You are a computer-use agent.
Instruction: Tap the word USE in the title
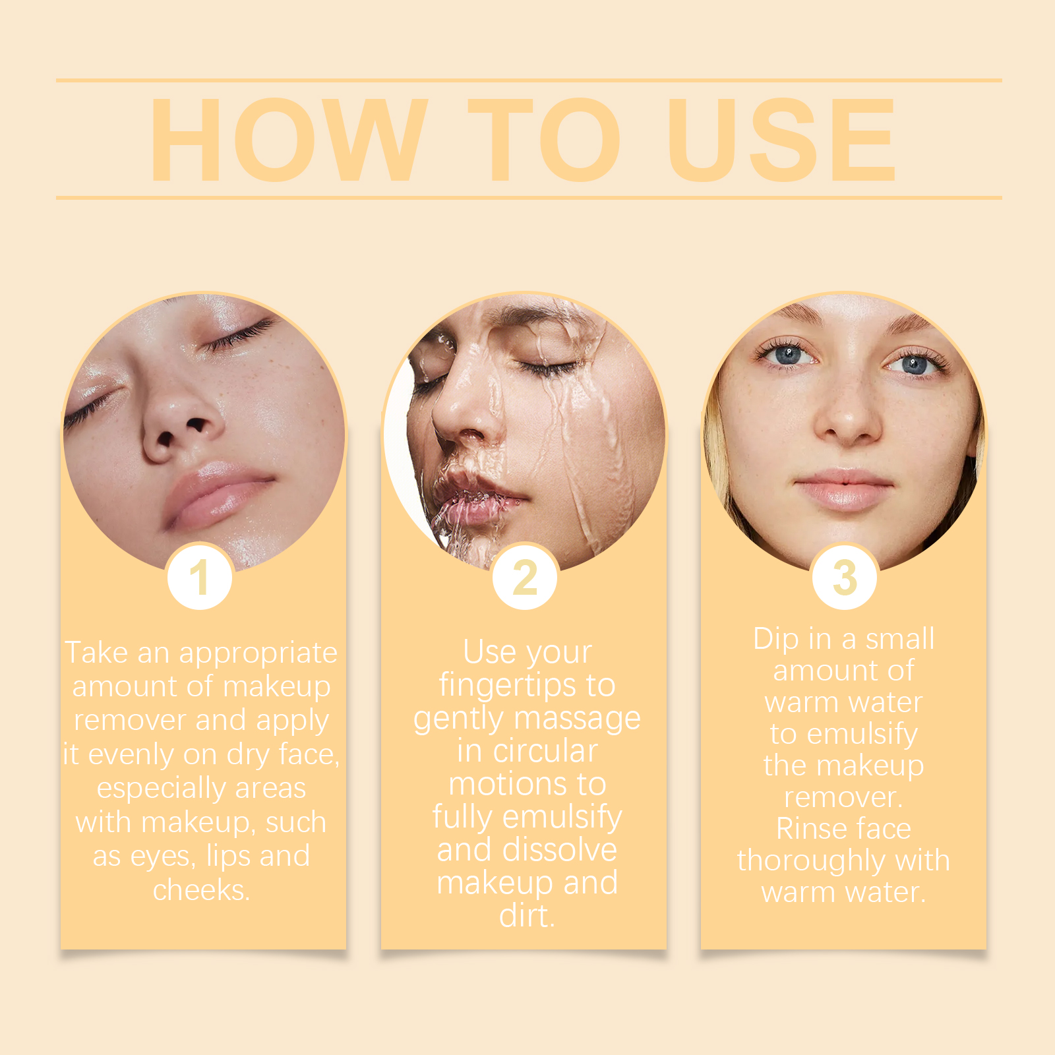tap(781, 140)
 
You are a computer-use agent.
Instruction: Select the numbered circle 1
tap(199, 577)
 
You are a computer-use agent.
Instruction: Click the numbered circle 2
tap(526, 577)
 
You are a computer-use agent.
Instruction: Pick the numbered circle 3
tap(845, 577)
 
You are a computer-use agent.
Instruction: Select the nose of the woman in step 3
tap(847, 422)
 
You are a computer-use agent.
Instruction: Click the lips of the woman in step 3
tap(843, 489)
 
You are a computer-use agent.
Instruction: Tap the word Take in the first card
tap(96, 653)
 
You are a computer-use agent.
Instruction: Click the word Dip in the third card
tap(775, 639)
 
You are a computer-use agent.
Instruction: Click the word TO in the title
tap(544, 140)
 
